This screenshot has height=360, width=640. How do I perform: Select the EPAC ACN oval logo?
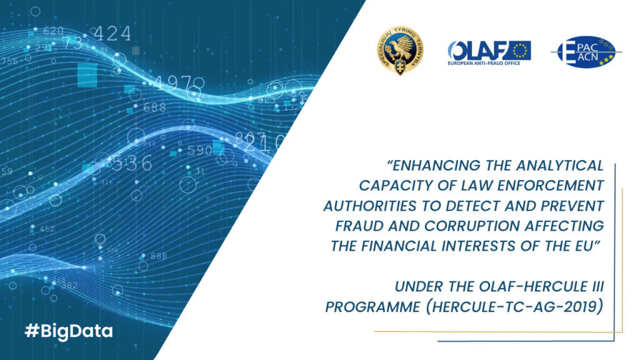click(582, 52)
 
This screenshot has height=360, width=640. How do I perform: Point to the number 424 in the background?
click(112, 33)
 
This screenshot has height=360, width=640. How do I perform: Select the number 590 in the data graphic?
click(199, 151)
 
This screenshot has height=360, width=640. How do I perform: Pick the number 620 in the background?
click(53, 31)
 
